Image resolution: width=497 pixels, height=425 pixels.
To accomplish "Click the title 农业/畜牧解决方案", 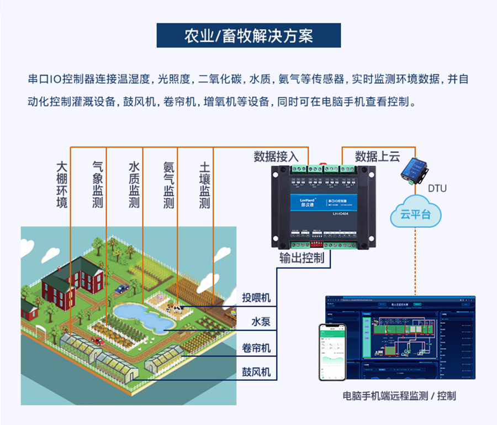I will tap(248, 36).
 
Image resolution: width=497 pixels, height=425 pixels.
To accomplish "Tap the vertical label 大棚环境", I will tap(62, 185).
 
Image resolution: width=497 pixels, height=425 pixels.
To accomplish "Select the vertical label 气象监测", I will tap(98, 185).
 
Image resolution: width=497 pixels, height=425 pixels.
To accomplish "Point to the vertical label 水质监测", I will tap(134, 185).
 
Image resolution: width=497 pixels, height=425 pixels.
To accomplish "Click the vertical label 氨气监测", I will tap(169, 185).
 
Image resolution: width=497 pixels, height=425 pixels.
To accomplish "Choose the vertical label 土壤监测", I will tap(204, 185).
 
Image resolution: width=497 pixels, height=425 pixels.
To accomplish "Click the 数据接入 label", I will tap(276, 156).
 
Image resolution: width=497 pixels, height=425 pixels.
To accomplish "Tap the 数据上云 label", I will tap(377, 156).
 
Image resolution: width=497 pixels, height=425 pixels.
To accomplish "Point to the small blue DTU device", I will tap(414, 169).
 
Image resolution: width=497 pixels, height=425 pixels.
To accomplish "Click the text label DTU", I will tap(437, 188).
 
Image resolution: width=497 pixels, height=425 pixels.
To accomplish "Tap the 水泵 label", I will tap(261, 322).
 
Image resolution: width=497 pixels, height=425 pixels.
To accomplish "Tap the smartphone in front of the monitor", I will tap(332, 352).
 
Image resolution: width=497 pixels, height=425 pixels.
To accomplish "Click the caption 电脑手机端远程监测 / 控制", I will tap(399, 396).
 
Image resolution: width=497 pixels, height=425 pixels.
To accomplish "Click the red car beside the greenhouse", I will tap(98, 341).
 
